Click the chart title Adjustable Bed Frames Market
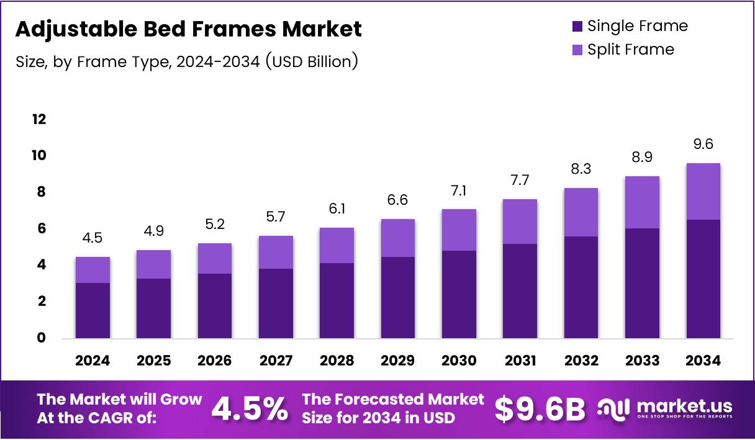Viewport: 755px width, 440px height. click(188, 29)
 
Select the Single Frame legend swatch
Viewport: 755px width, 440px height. click(577, 27)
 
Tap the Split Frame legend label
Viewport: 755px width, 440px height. click(630, 50)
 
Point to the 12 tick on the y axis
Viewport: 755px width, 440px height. click(39, 119)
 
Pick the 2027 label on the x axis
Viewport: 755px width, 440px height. click(276, 361)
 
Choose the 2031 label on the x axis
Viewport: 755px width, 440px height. click(520, 361)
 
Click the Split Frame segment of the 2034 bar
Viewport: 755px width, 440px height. click(703, 191)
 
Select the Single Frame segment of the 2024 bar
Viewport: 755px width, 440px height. click(93, 310)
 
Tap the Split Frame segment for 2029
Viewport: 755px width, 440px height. click(397, 238)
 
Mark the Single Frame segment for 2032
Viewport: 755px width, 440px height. click(581, 287)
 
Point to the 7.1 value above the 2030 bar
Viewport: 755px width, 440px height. click(459, 191)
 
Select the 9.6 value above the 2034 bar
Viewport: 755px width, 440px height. click(703, 145)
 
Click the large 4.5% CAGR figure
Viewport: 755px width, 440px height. click(250, 408)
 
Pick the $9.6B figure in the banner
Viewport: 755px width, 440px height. click(540, 408)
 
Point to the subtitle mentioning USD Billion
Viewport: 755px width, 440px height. click(186, 61)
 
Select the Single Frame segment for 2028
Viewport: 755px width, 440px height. click(337, 300)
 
